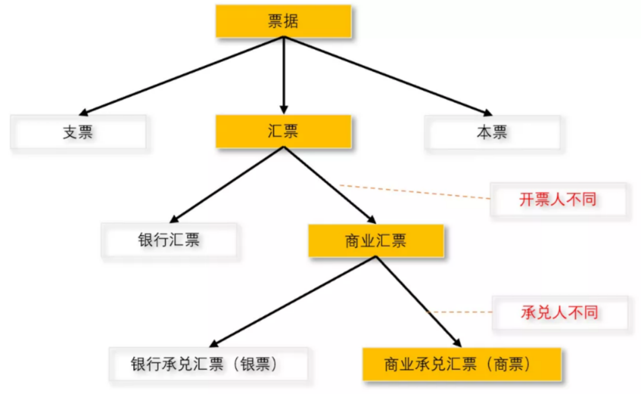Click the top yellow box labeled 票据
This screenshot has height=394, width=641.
click(x=284, y=21)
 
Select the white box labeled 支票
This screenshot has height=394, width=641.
click(x=78, y=132)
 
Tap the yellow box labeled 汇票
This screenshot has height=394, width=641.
click(x=284, y=131)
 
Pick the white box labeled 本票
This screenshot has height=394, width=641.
click(x=492, y=132)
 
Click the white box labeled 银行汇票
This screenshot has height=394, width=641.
click(x=169, y=240)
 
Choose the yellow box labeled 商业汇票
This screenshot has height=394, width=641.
click(x=376, y=240)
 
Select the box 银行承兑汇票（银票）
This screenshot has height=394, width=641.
click(x=208, y=364)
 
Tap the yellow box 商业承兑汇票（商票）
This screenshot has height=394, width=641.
click(x=462, y=364)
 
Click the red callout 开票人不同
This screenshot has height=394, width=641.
click(x=558, y=199)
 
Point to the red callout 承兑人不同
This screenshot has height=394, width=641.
click(x=560, y=312)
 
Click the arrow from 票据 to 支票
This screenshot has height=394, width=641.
click(x=184, y=75)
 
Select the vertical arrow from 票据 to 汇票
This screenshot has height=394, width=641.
click(x=284, y=74)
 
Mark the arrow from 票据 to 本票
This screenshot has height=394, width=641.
click(x=386, y=75)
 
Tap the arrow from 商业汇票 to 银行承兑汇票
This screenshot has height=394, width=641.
click(x=294, y=301)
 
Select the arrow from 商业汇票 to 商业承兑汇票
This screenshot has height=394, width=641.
click(x=418, y=301)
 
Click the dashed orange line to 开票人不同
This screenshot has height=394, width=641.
click(x=415, y=192)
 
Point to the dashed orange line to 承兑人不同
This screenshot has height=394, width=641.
click(x=460, y=312)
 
